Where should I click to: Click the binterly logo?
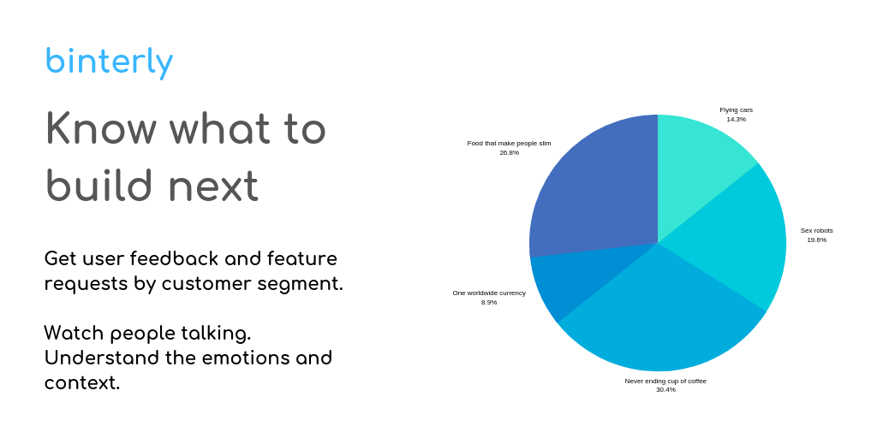tap(109, 62)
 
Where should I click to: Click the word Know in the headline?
tap(101, 128)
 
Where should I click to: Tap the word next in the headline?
tap(213, 185)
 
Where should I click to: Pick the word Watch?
tap(74, 333)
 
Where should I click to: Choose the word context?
tap(81, 382)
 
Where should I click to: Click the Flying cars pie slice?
tap(699, 162)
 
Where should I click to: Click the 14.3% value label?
tap(736, 120)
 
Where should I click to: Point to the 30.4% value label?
tap(665, 390)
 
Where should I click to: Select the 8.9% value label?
tap(489, 303)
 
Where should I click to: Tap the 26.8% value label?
tap(509, 153)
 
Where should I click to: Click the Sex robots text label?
tap(816, 231)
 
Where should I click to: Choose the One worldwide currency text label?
tap(489, 293)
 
